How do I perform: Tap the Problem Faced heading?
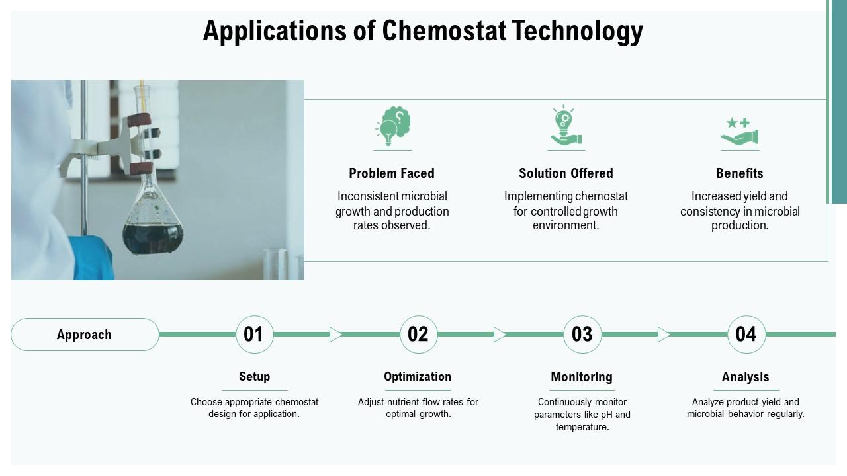point(392,173)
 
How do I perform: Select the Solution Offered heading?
point(566,173)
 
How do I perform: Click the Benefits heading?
point(740,173)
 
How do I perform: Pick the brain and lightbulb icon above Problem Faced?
point(393,126)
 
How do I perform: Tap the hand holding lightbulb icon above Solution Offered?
point(565,126)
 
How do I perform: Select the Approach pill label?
point(85,335)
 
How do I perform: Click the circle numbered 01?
point(254,335)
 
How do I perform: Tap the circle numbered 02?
point(418,335)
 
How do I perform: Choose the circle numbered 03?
point(582,335)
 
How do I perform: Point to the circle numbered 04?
point(746,335)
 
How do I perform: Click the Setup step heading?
point(254,377)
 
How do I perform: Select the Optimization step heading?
point(418,377)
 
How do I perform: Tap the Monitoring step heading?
point(582,377)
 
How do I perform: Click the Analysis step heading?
point(746,377)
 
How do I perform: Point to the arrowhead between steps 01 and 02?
point(335,335)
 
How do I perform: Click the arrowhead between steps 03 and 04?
point(664,335)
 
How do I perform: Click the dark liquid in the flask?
point(152,238)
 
